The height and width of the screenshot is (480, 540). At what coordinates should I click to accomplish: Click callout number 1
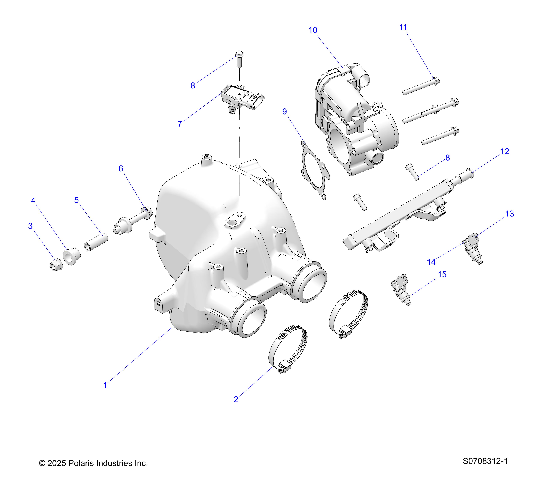[105, 385]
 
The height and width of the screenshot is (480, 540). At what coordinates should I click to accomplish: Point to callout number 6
[121, 169]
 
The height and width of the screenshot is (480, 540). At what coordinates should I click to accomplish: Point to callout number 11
[403, 27]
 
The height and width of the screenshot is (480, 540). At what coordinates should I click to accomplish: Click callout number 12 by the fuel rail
[505, 151]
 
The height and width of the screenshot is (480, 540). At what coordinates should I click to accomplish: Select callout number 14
[431, 262]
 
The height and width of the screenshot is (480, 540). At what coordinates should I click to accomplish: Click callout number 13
[510, 214]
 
